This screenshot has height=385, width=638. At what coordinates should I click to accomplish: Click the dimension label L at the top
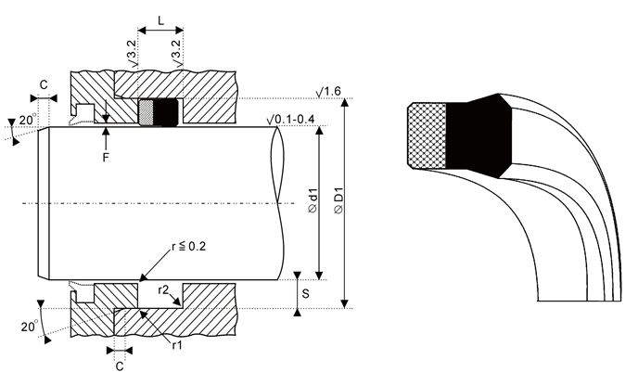click(160, 19)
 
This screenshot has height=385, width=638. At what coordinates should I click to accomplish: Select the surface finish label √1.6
click(328, 91)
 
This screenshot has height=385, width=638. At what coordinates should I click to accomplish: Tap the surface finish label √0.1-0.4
click(290, 120)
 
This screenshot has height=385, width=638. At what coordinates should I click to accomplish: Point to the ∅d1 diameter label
click(313, 199)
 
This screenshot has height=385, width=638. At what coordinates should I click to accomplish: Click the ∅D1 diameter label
click(338, 199)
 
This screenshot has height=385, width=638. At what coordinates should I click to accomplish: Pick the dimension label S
click(306, 293)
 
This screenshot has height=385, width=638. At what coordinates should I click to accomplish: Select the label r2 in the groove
click(163, 289)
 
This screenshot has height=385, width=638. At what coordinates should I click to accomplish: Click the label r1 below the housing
click(177, 345)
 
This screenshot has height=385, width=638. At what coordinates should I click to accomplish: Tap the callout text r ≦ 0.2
click(189, 246)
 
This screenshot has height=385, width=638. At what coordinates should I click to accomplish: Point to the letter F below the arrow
click(106, 158)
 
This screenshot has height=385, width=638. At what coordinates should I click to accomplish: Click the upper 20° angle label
click(28, 120)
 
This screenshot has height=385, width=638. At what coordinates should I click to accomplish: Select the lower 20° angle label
click(30, 327)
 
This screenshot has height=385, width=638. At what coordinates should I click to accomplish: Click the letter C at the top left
click(44, 84)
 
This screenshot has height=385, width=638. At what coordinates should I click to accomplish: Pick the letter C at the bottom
click(120, 366)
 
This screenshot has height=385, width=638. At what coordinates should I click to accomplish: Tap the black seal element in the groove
click(166, 112)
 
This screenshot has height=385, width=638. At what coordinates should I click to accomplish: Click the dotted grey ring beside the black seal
click(147, 112)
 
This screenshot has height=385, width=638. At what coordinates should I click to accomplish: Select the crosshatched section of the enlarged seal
click(427, 135)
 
